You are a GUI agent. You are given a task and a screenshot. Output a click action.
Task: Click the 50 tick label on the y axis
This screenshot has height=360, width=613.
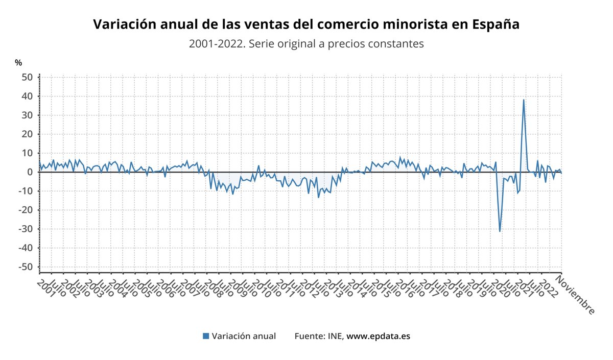click(x=27, y=77)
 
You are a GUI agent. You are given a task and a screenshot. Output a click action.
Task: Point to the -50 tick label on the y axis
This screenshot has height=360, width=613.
click(x=26, y=267)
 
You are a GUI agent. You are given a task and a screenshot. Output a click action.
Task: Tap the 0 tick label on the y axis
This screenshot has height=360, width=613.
click(x=30, y=172)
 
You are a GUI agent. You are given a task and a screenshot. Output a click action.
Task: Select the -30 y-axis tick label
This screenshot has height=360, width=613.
click(x=26, y=229)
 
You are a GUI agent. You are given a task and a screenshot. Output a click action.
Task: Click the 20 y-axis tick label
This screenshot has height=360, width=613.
click(x=27, y=134)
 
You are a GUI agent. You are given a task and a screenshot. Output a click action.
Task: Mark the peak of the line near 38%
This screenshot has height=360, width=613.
click(x=524, y=100)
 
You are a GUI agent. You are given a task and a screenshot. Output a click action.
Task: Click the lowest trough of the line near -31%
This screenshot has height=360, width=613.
click(x=500, y=231)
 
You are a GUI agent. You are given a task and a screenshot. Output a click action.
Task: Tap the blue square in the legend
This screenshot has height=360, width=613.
click(x=206, y=336)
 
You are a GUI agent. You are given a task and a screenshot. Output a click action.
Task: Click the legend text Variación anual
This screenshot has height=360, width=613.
click(x=244, y=336)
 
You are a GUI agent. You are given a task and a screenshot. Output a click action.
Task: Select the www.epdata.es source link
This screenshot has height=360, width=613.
click(x=378, y=336)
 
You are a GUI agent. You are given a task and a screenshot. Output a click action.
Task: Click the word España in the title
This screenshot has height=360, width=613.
click(x=495, y=25)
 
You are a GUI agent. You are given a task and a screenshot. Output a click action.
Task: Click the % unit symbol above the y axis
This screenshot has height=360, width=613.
click(x=18, y=63)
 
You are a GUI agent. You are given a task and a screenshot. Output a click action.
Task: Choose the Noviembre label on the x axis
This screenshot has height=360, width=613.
click(x=575, y=295)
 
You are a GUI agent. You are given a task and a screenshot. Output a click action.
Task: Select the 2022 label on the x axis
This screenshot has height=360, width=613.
click(x=548, y=287)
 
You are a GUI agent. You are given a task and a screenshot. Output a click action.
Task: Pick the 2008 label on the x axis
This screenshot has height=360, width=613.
click(x=215, y=287)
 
